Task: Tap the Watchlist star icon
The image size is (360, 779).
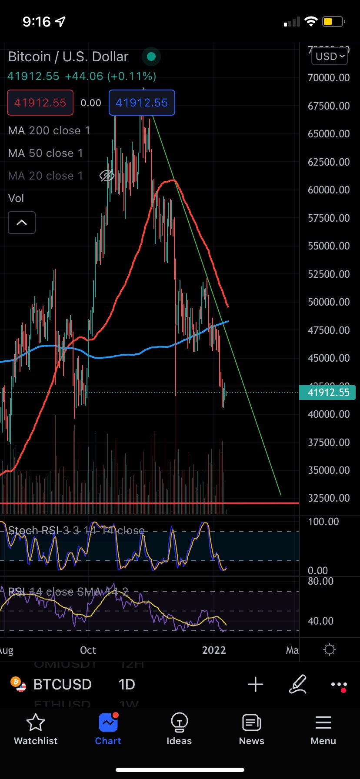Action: pyautogui.click(x=36, y=722)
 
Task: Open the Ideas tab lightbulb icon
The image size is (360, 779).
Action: pyautogui.click(x=179, y=722)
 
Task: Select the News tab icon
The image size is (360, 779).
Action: pyautogui.click(x=251, y=722)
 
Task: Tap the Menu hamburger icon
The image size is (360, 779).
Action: pyautogui.click(x=323, y=722)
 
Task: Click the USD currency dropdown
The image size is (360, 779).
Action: pyautogui.click(x=330, y=57)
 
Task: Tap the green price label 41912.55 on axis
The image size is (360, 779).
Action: pyautogui.click(x=328, y=393)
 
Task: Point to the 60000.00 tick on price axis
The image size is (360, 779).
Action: pyautogui.click(x=329, y=190)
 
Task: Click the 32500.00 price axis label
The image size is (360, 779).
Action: pyautogui.click(x=329, y=498)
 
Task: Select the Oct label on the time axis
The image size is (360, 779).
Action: pyautogui.click(x=88, y=650)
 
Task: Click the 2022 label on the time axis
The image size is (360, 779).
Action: pyautogui.click(x=214, y=650)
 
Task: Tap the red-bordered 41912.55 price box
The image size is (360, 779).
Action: pyautogui.click(x=40, y=103)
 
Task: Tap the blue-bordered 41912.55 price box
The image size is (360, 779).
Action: pyautogui.click(x=142, y=103)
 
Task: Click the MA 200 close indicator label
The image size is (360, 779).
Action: pyautogui.click(x=49, y=130)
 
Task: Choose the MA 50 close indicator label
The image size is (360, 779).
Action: pyautogui.click(x=45, y=153)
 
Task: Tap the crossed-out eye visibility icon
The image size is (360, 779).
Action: pyautogui.click(x=107, y=176)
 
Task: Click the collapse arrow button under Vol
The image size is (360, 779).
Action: pyautogui.click(x=22, y=223)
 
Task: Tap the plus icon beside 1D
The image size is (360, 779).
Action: pyautogui.click(x=256, y=684)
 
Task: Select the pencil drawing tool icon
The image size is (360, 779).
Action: pyautogui.click(x=298, y=684)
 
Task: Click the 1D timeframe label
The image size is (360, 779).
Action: pyautogui.click(x=127, y=684)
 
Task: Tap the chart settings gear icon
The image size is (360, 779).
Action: pyautogui.click(x=330, y=650)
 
